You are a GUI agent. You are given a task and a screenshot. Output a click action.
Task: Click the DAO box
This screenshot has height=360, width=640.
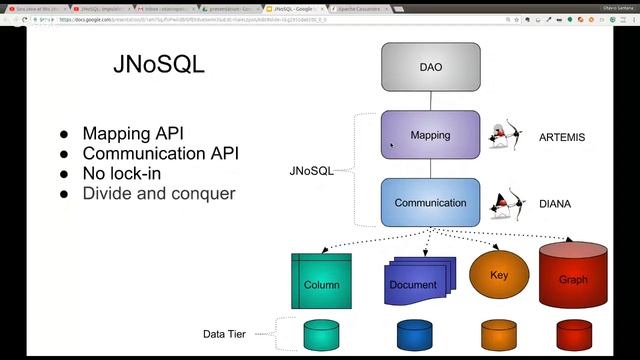pyautogui.click(x=430, y=68)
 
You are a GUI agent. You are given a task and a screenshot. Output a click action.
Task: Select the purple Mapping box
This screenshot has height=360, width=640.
pyautogui.click(x=430, y=135)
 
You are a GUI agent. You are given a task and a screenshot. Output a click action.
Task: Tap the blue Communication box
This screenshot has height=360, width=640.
pyautogui.click(x=430, y=203)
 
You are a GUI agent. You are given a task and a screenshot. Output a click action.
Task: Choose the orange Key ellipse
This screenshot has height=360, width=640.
pyautogui.click(x=500, y=275)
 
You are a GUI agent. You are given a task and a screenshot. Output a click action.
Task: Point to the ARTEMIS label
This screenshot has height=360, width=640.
pyautogui.click(x=561, y=137)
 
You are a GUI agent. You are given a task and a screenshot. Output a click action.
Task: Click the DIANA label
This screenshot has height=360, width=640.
pyautogui.click(x=555, y=204)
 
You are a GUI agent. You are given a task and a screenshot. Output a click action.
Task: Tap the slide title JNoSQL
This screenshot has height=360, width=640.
pyautogui.click(x=159, y=66)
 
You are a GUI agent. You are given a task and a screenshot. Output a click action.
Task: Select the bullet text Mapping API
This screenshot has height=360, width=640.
pyautogui.click(x=133, y=133)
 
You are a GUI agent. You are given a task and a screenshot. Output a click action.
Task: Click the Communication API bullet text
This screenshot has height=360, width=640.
pyautogui.click(x=160, y=153)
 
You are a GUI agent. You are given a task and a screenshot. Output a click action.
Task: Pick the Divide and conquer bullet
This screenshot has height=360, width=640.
pyautogui.click(x=158, y=193)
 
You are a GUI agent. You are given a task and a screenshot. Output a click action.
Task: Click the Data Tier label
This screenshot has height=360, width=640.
pyautogui.click(x=225, y=334)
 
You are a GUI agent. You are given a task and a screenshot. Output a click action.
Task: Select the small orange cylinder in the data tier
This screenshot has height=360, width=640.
pyautogui.click(x=498, y=335)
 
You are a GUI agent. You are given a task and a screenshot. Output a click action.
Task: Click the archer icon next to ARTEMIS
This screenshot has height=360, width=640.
pyautogui.click(x=507, y=136)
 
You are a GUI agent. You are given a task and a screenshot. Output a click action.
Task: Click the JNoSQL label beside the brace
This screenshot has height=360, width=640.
pyautogui.click(x=311, y=171)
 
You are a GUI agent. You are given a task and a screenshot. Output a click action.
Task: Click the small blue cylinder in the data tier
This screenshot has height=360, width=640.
pyautogui.click(x=413, y=335)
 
